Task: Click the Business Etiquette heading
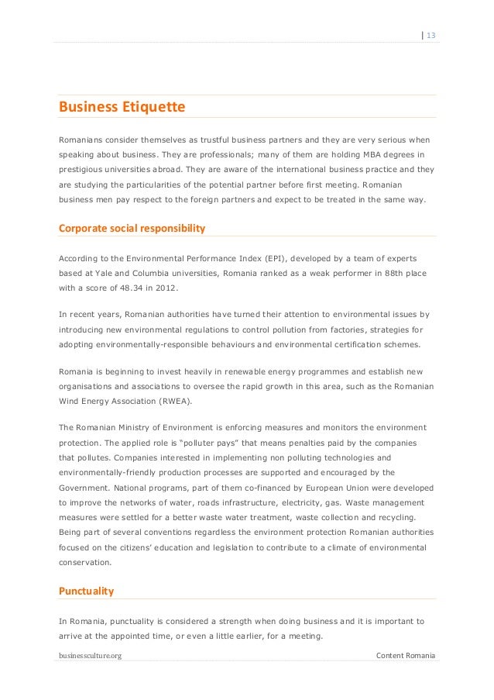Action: coord(122,107)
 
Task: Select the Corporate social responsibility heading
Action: coord(132,229)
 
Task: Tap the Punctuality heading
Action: coord(86,591)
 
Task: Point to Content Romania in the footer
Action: coord(405,656)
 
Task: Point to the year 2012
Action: coord(166,288)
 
